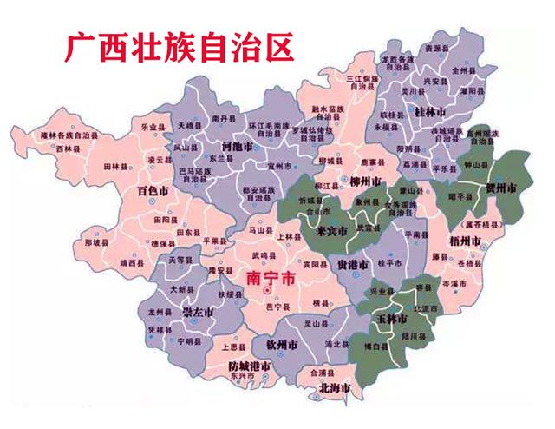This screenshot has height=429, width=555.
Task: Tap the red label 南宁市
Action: click(x=271, y=278)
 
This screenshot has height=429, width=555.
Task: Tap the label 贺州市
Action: click(x=499, y=188)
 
